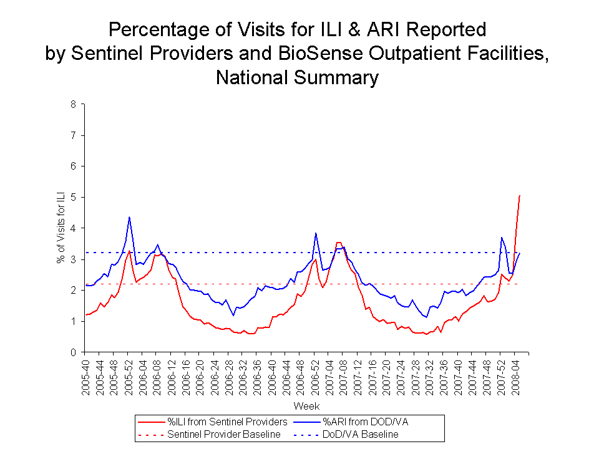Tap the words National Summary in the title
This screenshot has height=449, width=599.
pyautogui.click(x=297, y=77)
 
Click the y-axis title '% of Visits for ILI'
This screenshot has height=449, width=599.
pyautogui.click(x=61, y=228)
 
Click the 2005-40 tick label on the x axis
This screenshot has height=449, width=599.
pyautogui.click(x=88, y=374)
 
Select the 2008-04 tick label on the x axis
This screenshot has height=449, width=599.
pyautogui.click(x=515, y=374)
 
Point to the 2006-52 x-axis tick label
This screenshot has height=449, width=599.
pyautogui.click(x=316, y=374)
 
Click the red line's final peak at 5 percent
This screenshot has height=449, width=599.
pyautogui.click(x=520, y=196)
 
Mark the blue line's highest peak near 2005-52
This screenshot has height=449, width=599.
pyautogui.click(x=129, y=217)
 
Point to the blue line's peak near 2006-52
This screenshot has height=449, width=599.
pyautogui.click(x=316, y=233)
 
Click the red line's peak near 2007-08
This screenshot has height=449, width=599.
pyautogui.click(x=338, y=242)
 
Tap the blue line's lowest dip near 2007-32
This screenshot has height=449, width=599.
pyautogui.click(x=426, y=317)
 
